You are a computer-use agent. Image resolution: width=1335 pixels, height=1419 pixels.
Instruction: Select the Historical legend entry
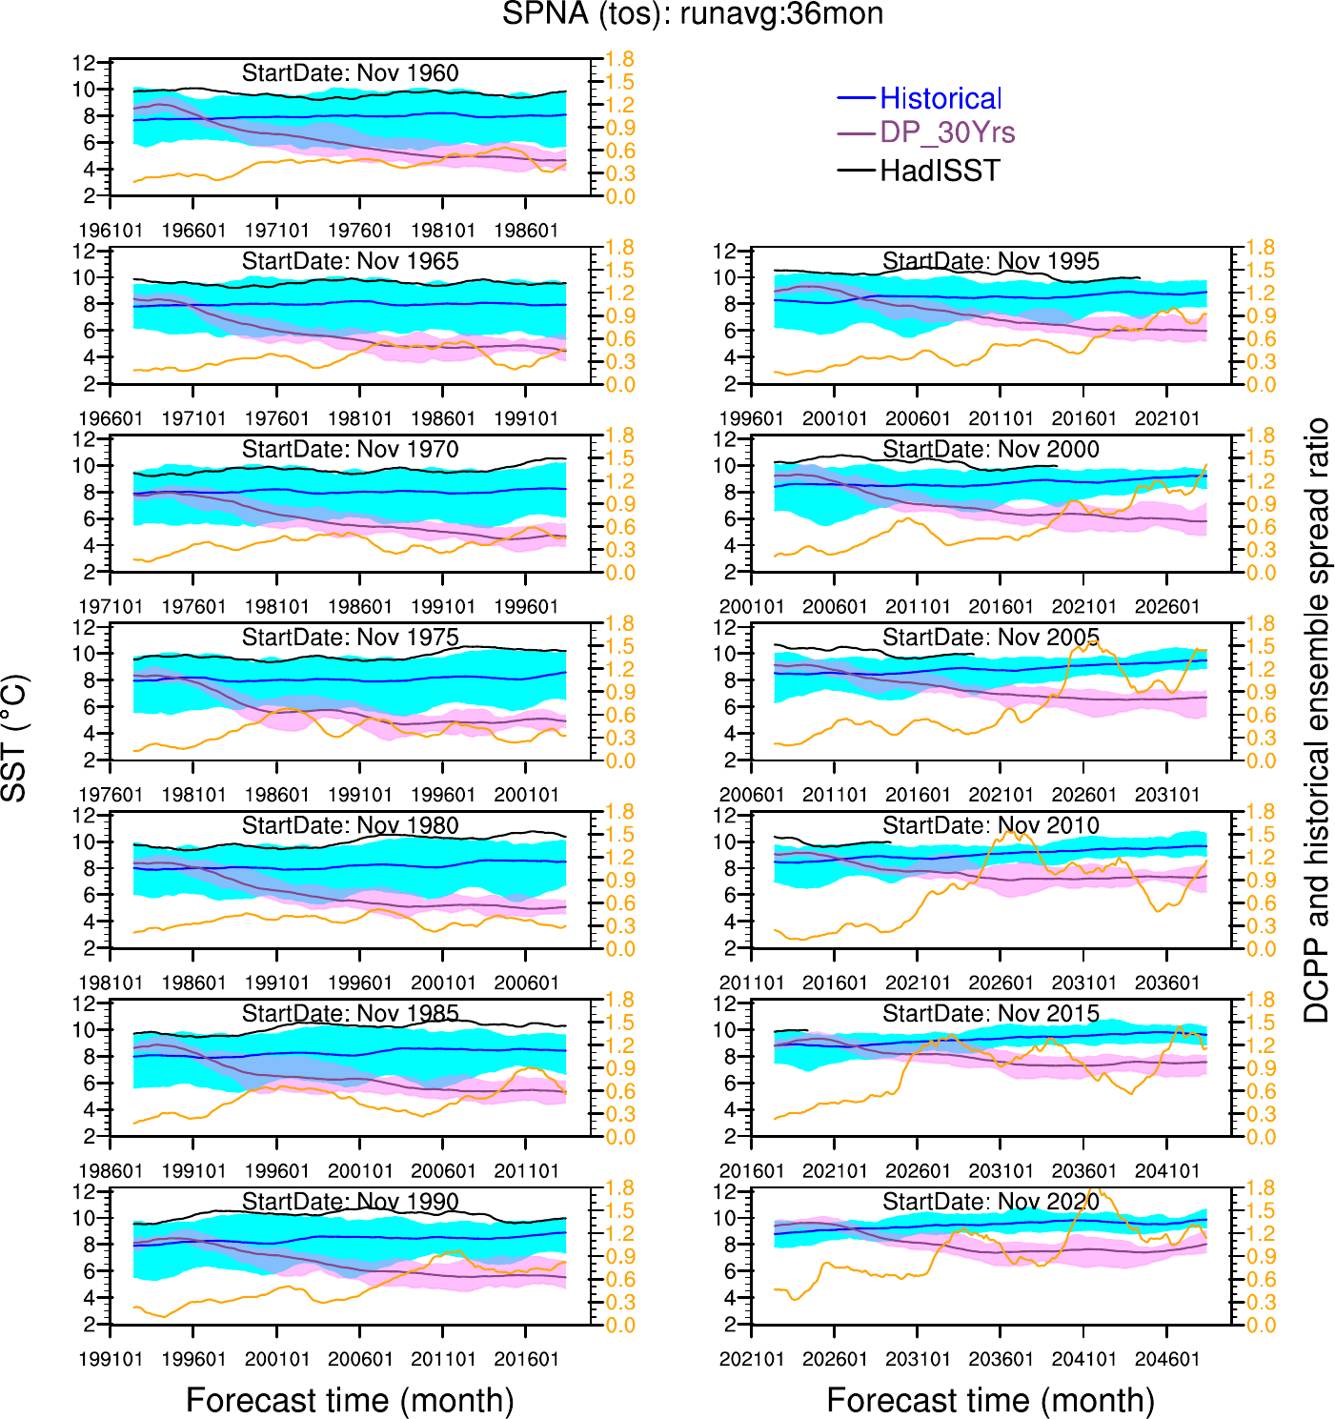[940, 98]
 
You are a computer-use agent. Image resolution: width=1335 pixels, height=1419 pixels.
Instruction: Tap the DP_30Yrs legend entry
[947, 132]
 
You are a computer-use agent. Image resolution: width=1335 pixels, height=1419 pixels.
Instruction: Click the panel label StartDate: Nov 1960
[350, 73]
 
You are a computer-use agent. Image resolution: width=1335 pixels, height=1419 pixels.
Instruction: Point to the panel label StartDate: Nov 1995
[990, 261]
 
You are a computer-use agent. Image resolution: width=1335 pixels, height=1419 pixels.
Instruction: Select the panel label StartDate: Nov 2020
[990, 1202]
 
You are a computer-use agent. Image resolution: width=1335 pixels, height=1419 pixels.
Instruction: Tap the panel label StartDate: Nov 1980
[350, 825]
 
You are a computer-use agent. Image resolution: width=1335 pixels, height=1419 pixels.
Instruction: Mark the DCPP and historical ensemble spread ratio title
[1317, 720]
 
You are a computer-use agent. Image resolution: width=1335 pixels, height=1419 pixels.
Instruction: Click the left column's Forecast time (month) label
[350, 1400]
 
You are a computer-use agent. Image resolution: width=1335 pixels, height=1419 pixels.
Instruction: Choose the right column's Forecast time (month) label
[990, 1400]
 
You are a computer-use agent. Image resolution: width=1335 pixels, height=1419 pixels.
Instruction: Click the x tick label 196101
[111, 231]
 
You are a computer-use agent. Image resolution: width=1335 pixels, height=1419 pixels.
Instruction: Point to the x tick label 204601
[1167, 1359]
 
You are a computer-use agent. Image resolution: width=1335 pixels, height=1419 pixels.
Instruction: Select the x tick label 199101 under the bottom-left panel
[111, 1359]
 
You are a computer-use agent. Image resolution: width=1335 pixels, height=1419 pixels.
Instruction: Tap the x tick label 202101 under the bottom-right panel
[752, 1359]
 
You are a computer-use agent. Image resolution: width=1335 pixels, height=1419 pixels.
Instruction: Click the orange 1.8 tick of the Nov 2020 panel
[1261, 1187]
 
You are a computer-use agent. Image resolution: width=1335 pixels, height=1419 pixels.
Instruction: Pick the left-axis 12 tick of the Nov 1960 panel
[85, 63]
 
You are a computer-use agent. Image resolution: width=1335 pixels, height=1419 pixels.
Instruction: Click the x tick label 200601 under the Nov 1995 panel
[918, 418]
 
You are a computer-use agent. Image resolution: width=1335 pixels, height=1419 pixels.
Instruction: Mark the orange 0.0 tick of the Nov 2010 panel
[1261, 949]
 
